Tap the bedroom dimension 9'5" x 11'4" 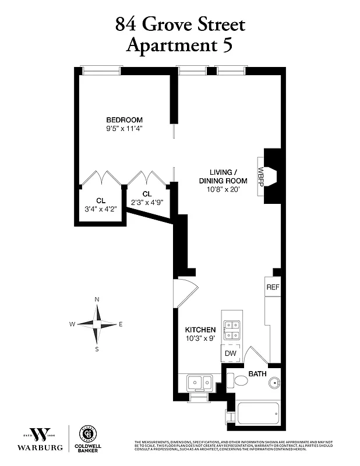[124, 129]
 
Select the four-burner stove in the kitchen [231, 330]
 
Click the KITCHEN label [200, 330]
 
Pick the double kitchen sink [199, 383]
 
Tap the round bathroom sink [273, 383]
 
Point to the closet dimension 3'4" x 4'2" [101, 209]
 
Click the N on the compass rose [97, 299]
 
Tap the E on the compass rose [121, 324]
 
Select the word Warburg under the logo [40, 449]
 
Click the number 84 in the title [128, 24]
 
